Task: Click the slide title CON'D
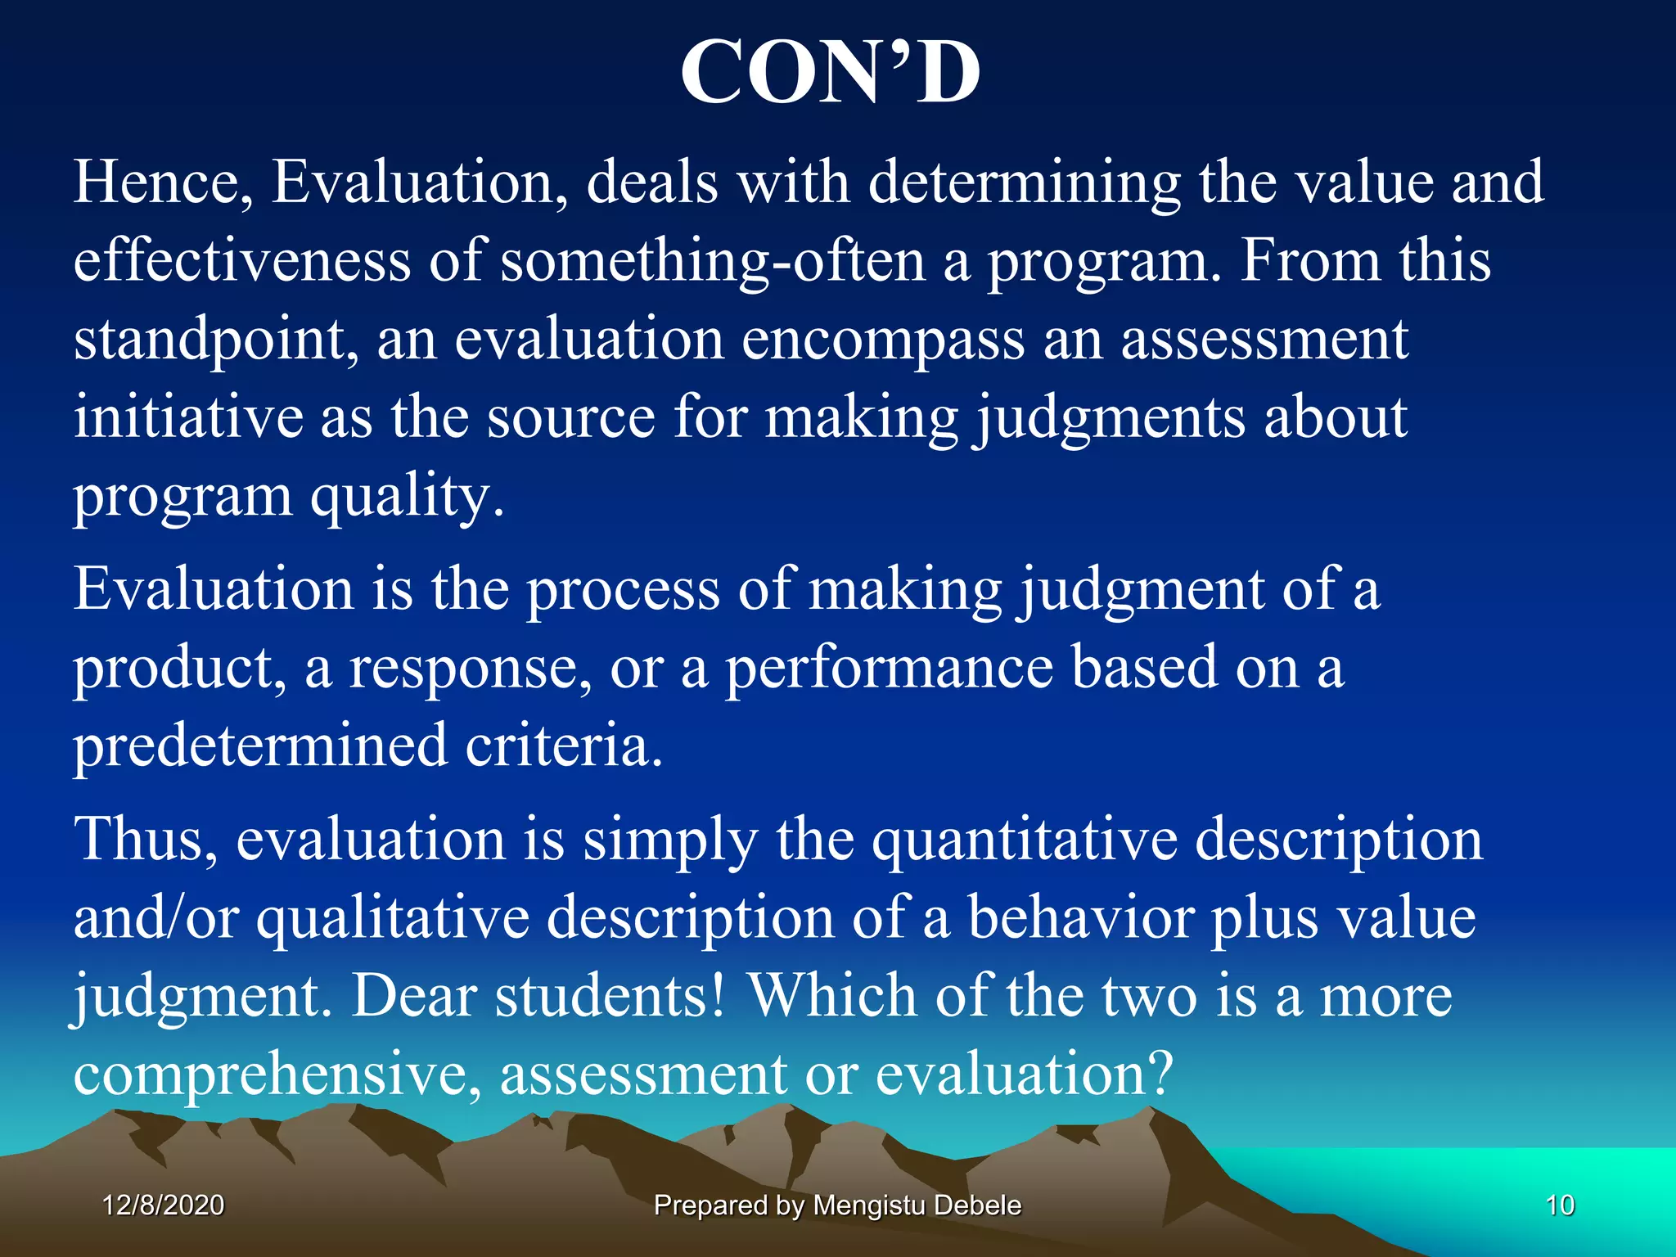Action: point(830,74)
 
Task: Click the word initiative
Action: point(187,417)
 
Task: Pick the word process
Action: point(622,590)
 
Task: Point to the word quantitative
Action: point(1024,840)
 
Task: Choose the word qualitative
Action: point(393,918)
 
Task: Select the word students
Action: point(610,996)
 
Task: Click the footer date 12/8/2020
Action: point(163,1205)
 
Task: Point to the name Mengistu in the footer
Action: point(868,1205)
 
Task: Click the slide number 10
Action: point(1560,1205)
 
